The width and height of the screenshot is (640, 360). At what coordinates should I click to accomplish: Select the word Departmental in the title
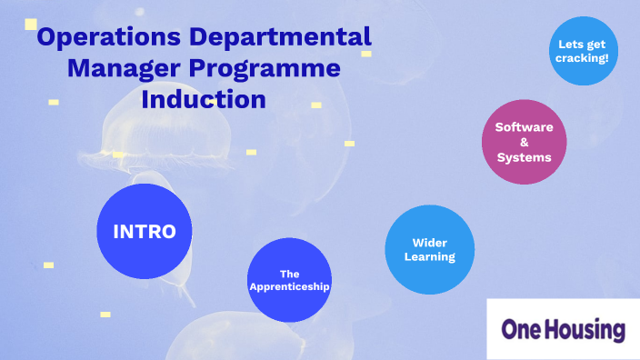[289, 39]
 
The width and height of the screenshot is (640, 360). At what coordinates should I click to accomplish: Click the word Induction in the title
[204, 98]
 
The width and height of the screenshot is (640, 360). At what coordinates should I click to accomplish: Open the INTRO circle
[144, 231]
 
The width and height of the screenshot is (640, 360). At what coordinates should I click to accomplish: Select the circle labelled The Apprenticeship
[290, 279]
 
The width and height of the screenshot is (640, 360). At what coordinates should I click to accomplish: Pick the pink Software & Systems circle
[524, 142]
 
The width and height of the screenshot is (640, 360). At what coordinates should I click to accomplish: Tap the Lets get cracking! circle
[583, 50]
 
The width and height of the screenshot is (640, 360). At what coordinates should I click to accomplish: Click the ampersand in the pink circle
[524, 142]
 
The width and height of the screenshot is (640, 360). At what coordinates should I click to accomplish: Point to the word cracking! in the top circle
[583, 58]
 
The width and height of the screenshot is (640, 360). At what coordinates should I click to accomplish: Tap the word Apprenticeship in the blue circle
[290, 286]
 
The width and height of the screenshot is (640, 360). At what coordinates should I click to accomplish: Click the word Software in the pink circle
[524, 127]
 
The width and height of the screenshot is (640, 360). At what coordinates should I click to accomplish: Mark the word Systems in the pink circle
[524, 157]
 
